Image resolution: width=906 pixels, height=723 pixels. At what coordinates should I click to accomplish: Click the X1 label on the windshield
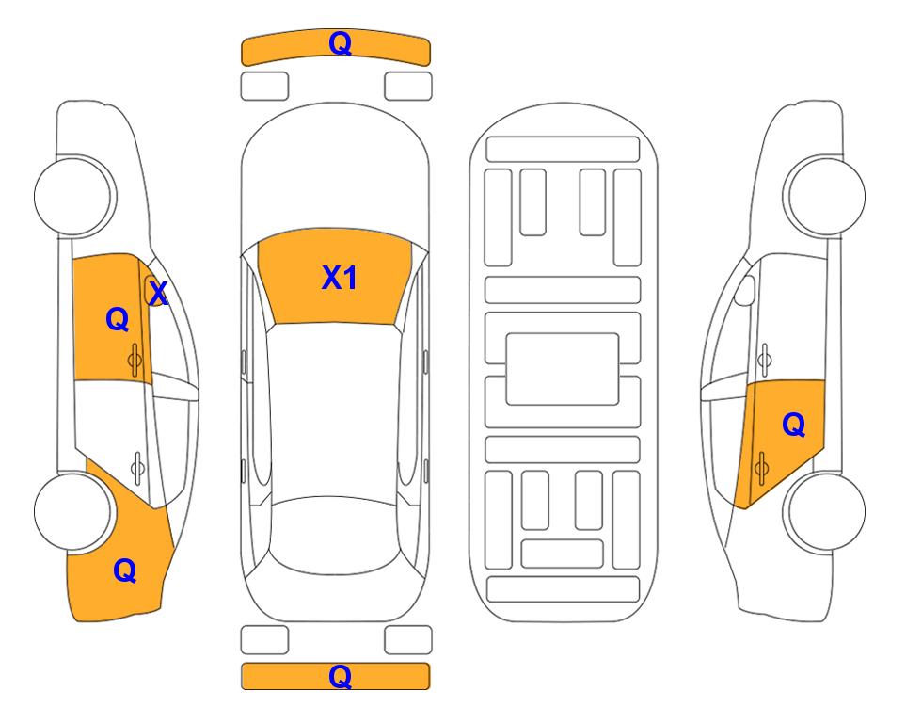(340, 278)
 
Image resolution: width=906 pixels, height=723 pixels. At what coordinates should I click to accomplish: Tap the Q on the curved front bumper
(340, 42)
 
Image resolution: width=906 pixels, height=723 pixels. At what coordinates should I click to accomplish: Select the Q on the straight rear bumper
(340, 676)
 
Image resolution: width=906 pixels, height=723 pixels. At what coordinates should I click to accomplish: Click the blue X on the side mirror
(158, 293)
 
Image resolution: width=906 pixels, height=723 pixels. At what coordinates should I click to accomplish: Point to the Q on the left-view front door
(118, 319)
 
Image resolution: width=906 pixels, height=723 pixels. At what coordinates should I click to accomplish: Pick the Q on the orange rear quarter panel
(125, 570)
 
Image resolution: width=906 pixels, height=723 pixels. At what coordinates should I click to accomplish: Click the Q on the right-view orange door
(793, 425)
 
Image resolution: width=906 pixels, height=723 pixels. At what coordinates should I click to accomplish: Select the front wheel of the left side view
(73, 196)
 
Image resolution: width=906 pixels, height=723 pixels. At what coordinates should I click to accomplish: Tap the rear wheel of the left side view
(73, 511)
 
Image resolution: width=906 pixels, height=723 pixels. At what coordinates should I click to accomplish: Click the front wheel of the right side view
(825, 196)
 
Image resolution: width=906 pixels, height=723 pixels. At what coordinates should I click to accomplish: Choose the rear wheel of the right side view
(825, 511)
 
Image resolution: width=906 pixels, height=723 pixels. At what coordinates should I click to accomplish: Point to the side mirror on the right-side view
(745, 290)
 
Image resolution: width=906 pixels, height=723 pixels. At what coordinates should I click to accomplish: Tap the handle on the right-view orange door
(761, 468)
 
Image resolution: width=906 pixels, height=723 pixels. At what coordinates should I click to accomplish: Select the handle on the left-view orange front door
(135, 360)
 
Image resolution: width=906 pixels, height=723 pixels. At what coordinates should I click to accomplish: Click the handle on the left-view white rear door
(137, 468)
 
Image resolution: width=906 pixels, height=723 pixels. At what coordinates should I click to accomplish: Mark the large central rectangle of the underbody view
(563, 369)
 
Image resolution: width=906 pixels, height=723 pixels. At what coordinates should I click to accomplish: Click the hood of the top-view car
(335, 173)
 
